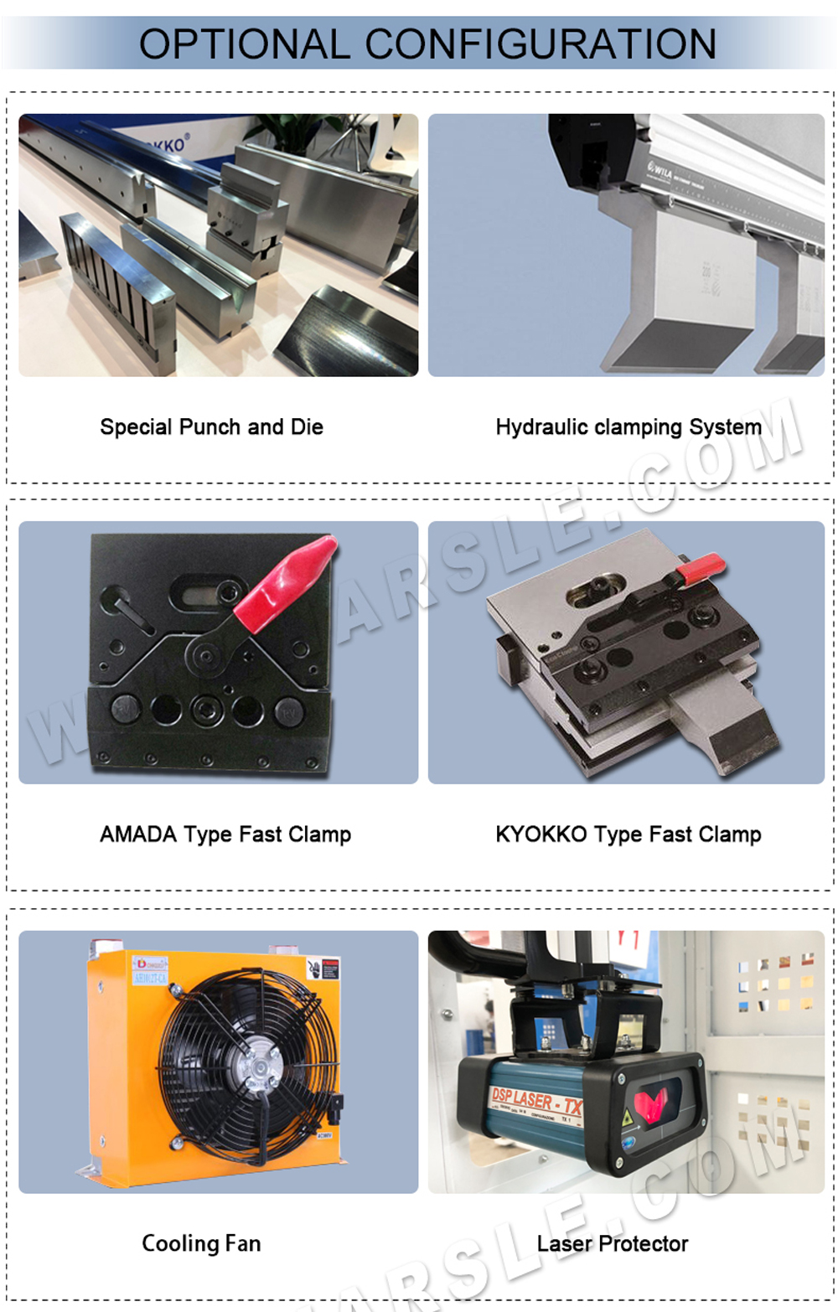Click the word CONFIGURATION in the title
coord(541,44)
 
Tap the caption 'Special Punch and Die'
coord(211,427)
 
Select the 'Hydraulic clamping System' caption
coord(628,427)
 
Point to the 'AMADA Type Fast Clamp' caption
coord(225,834)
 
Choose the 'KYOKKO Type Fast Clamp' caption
coord(628,834)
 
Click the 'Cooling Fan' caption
coord(201,1243)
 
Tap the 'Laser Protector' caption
coord(613,1243)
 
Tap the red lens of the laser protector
coord(658,1107)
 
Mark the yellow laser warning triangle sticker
coord(628,1119)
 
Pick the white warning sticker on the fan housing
coord(323,969)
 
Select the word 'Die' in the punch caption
coord(307,427)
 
